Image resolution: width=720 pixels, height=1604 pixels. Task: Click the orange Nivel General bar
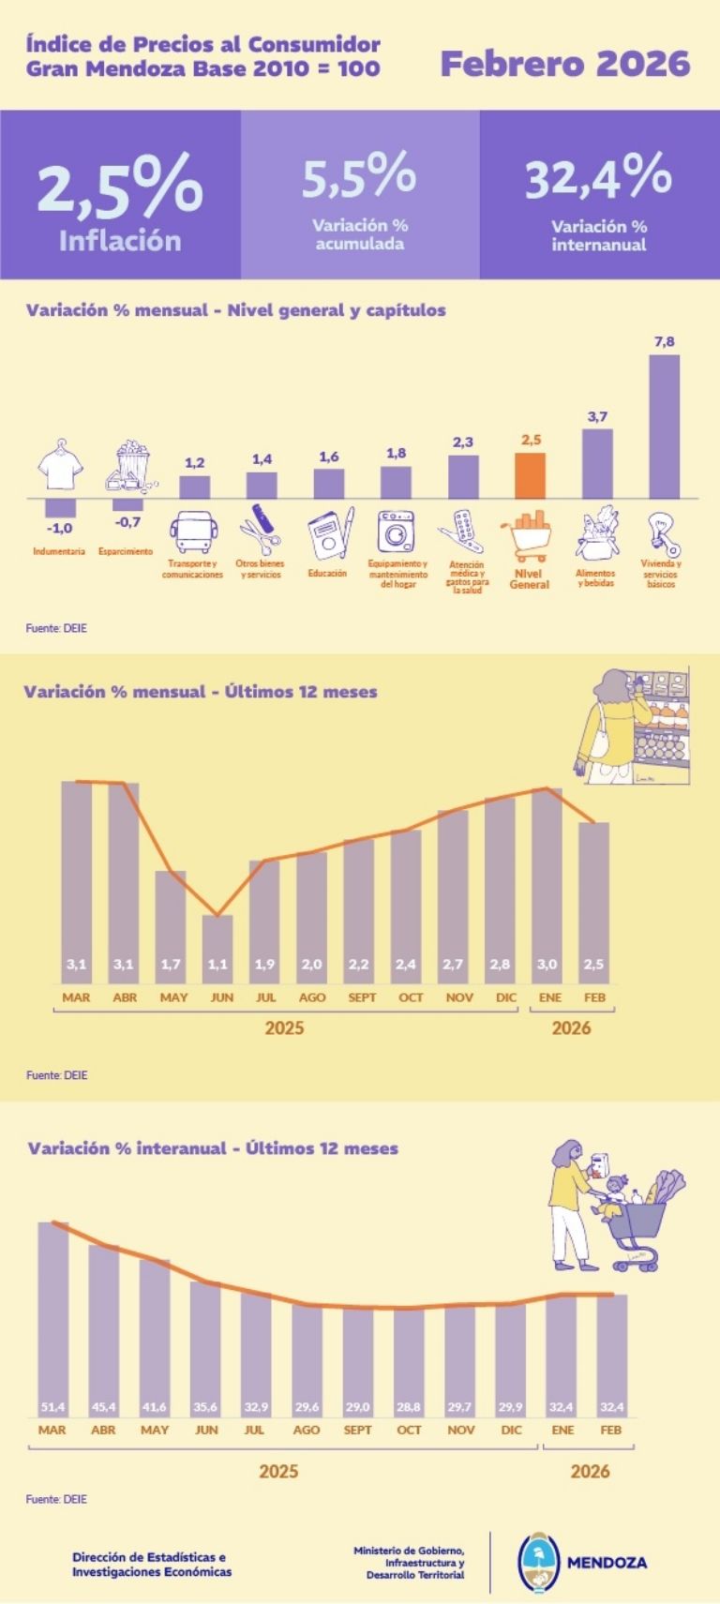tap(531, 475)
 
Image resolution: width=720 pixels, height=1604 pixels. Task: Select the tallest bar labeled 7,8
tap(664, 427)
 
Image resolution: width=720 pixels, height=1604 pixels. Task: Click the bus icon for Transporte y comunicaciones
tap(193, 532)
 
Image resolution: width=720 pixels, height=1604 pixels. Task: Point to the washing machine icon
tap(397, 532)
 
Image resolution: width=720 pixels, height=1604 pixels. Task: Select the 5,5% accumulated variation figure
tap(359, 175)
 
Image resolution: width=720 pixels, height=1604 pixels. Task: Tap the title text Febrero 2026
tap(564, 64)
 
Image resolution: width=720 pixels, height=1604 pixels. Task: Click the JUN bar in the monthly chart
tap(218, 947)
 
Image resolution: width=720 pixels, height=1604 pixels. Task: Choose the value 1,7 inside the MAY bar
tap(171, 964)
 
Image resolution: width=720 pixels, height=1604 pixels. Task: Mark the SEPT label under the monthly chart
tap(362, 997)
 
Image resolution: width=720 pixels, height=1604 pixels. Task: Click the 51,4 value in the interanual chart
tap(53, 1407)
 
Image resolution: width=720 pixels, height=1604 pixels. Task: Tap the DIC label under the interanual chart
tap(511, 1430)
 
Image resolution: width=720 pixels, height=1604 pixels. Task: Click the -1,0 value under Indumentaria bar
tap(59, 529)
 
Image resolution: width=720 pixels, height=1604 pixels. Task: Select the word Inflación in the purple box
tap(120, 241)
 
